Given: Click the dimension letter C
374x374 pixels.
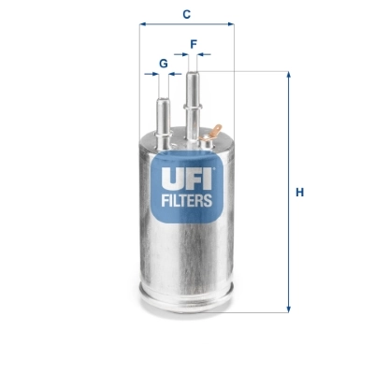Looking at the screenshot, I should (x=187, y=13).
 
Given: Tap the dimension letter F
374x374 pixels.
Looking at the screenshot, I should (x=194, y=43).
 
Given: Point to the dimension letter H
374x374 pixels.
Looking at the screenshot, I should (x=300, y=193).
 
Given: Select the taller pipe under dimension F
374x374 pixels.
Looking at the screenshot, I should (x=194, y=93).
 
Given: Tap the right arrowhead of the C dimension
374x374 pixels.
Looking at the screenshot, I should (x=230, y=25).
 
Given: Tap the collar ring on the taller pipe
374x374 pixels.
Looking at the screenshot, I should (x=194, y=110).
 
